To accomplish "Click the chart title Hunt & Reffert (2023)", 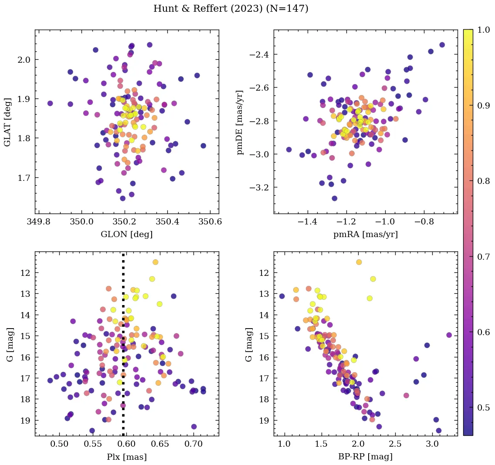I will click(x=231, y=9).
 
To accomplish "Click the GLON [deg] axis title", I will click(x=126, y=234).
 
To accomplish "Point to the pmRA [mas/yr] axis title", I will click(x=365, y=234).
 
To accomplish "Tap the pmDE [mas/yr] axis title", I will click(x=240, y=122).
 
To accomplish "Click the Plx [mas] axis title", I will click(x=126, y=457).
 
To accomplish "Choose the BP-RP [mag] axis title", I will click(x=365, y=457).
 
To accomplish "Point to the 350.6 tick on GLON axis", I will click(x=210, y=222).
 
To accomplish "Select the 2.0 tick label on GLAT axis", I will click(x=24, y=60).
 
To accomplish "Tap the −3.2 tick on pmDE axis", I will click(x=260, y=188).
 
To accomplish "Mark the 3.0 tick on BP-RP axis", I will click(x=432, y=445).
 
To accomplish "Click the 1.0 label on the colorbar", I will click(x=483, y=30).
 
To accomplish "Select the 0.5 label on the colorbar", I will click(x=483, y=408).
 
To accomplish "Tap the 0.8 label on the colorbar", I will click(x=483, y=181).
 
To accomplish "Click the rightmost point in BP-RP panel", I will click(x=449, y=335).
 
